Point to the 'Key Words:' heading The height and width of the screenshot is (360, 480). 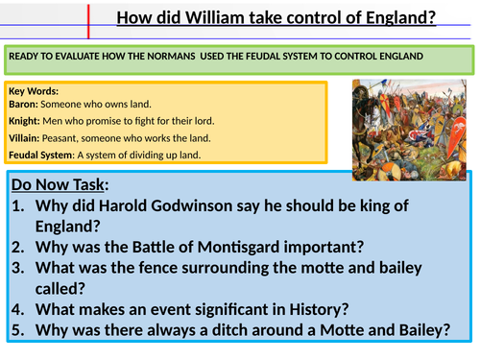[34, 92]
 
